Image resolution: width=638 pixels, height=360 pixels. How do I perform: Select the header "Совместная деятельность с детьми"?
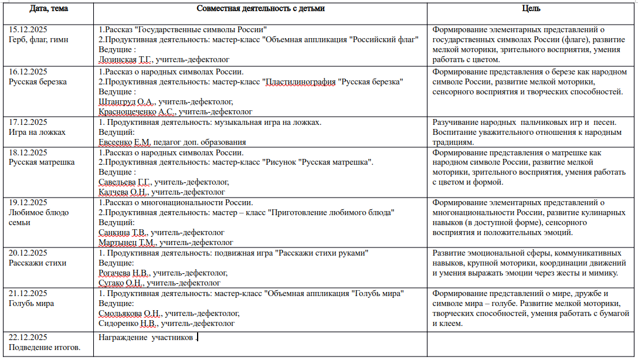[x=261, y=9]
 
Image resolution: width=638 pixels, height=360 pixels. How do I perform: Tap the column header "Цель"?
[x=531, y=9]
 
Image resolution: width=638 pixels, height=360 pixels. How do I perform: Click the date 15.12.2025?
[x=28, y=29]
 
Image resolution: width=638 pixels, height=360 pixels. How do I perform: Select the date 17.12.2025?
[x=28, y=122]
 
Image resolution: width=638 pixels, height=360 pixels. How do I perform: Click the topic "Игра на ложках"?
[x=37, y=132]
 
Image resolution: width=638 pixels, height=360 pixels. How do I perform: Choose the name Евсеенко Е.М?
[x=124, y=142]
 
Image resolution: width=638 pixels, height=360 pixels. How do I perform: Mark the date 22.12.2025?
[x=28, y=337]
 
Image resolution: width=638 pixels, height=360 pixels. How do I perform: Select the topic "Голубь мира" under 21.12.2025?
[x=32, y=303]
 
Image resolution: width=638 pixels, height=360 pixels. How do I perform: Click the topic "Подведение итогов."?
[x=45, y=347]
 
